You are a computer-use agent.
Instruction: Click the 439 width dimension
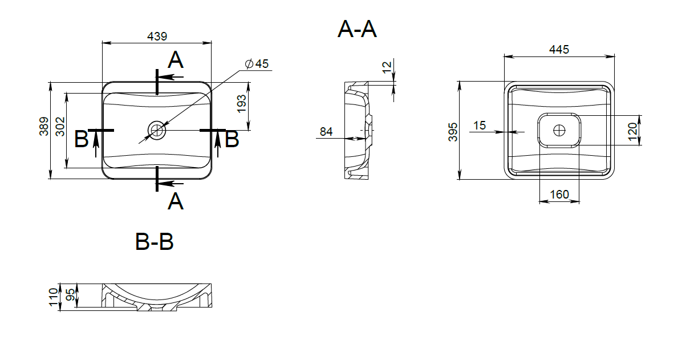[x=157, y=37]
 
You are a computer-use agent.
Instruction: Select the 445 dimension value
[x=559, y=50]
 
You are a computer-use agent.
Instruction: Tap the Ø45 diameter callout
[x=257, y=64]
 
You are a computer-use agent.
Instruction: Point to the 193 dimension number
[x=242, y=104]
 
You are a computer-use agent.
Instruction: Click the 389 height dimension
[x=44, y=126]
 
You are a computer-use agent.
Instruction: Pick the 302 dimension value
[x=60, y=127]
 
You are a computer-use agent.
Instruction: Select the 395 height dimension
[x=453, y=132]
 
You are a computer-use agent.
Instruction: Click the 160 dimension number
[x=559, y=195]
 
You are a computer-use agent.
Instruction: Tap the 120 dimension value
[x=632, y=132]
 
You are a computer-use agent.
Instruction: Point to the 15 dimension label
[x=480, y=126]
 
